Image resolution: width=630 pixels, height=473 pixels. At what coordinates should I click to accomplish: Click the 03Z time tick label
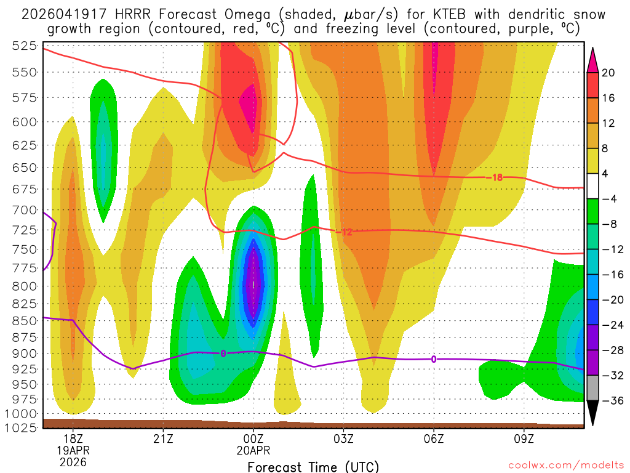tap(343, 439)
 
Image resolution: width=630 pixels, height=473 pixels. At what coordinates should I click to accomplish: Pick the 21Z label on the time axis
tap(163, 439)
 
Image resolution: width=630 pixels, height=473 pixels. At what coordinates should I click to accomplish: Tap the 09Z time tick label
tap(524, 439)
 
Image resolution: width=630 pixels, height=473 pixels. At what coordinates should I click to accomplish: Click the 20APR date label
tap(253, 450)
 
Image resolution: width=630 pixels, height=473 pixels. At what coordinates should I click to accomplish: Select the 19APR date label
tap(73, 450)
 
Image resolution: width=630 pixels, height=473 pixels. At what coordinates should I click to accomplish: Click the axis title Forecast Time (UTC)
tap(313, 467)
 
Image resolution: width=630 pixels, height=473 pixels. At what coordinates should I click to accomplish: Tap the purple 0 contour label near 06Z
tap(434, 359)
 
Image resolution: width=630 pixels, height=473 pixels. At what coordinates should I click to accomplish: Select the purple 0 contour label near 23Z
tap(223, 354)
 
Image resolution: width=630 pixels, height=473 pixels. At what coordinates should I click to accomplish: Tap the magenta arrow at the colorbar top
tap(593, 59)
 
